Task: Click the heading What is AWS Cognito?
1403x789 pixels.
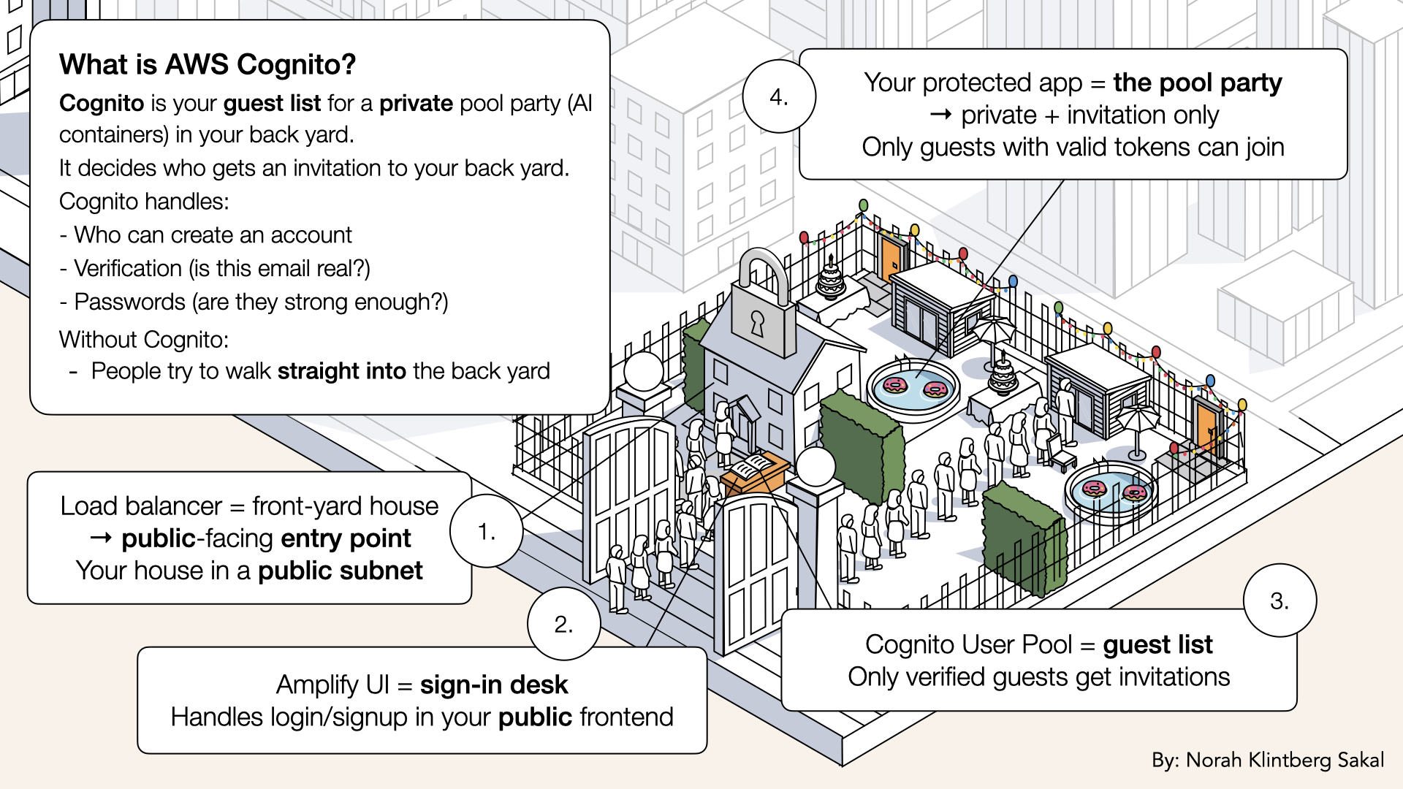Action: [x=208, y=65]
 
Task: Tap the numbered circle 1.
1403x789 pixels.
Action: [x=487, y=531]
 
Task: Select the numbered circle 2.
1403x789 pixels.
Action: [x=563, y=624]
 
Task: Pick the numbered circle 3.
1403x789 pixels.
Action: [x=1280, y=601]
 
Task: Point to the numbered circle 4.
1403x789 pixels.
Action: [x=779, y=96]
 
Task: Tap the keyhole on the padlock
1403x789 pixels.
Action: [x=757, y=322]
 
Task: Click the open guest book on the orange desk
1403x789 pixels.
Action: [x=753, y=466]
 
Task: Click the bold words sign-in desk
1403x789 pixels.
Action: [x=494, y=685]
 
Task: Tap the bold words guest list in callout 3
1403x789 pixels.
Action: [x=1157, y=644]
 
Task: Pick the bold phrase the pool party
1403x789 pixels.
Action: [x=1197, y=83]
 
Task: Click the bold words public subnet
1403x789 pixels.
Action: [x=341, y=571]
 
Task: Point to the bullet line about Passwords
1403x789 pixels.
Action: [x=254, y=302]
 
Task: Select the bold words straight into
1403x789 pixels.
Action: [x=341, y=371]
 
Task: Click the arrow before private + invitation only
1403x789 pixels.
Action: [x=940, y=115]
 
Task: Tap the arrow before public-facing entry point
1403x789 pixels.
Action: [x=101, y=538]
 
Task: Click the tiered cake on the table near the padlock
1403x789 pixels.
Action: [x=831, y=279]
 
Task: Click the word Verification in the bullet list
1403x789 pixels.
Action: [x=128, y=268]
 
